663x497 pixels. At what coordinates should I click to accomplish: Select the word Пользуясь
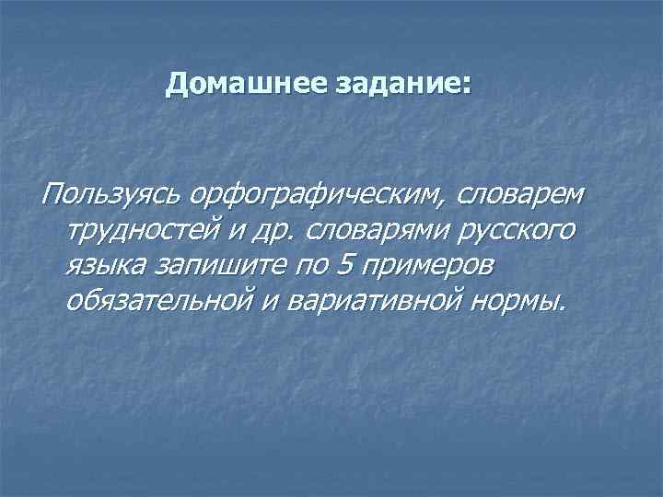point(108,194)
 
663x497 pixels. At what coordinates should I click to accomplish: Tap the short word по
point(309,265)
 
